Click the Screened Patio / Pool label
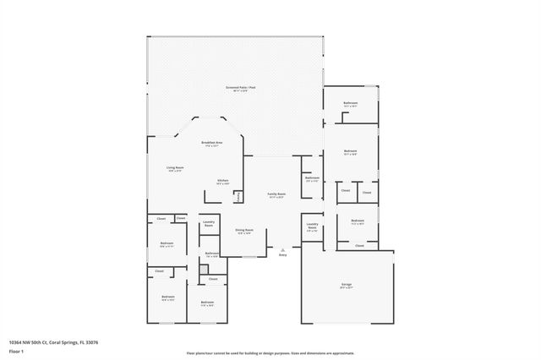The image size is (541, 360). click(236, 88)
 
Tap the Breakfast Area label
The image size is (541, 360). click(211, 144)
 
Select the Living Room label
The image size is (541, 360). click(175, 168)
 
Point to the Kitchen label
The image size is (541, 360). click(223, 181)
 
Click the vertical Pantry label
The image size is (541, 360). click(240, 195)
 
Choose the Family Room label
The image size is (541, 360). click(276, 194)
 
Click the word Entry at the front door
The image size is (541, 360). click(282, 254)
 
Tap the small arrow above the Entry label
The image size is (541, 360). click(282, 249)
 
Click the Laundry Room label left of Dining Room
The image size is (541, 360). click(208, 223)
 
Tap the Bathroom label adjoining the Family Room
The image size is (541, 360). click(312, 178)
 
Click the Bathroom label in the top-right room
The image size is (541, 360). click(351, 103)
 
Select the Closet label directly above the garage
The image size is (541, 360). click(359, 246)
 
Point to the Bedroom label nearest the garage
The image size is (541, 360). click(358, 221)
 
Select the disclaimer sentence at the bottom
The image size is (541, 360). click(270, 353)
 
